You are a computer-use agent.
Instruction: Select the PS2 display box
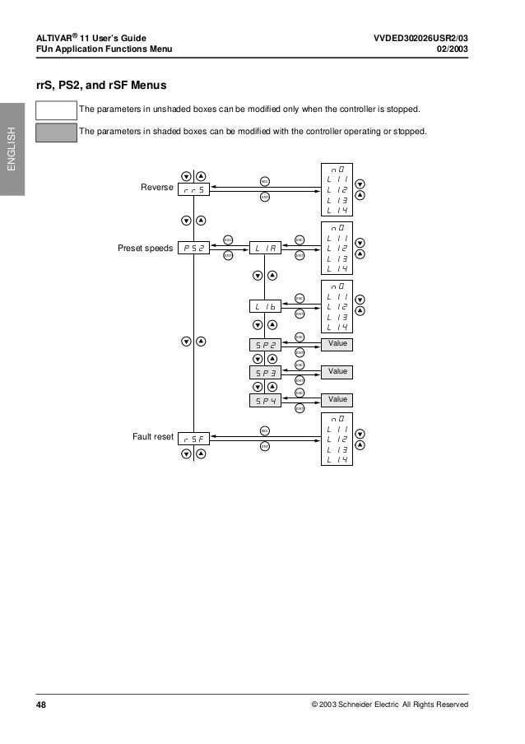(x=194, y=247)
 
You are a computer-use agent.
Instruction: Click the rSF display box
(x=194, y=439)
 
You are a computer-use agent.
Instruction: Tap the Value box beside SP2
(x=337, y=343)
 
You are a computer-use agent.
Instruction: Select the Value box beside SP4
(x=337, y=399)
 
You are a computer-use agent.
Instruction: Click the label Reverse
(x=156, y=188)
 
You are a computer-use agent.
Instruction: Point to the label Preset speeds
(x=146, y=246)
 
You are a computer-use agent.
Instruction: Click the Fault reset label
(x=152, y=436)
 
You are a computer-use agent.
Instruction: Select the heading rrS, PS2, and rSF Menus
(x=100, y=85)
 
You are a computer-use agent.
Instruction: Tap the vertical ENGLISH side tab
(x=12, y=148)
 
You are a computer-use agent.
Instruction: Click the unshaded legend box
(x=53, y=110)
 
